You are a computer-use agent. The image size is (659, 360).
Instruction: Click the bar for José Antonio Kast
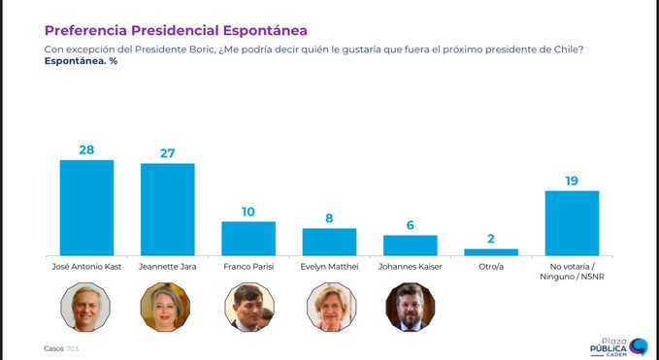click(x=86, y=207)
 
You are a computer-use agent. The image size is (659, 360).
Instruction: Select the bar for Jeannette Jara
click(x=167, y=209)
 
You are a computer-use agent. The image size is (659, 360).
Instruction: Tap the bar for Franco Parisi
click(x=248, y=238)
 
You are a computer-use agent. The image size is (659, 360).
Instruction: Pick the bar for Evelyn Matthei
click(x=329, y=242)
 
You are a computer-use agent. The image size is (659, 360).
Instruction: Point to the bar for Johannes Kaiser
click(x=410, y=245)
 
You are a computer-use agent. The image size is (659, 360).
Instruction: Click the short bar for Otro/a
click(x=491, y=251)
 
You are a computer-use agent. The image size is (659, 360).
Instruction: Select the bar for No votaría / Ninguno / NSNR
click(x=572, y=222)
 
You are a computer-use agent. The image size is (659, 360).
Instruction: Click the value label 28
click(x=86, y=149)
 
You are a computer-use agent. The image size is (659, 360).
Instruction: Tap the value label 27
click(x=167, y=152)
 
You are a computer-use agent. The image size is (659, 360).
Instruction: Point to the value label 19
click(x=572, y=180)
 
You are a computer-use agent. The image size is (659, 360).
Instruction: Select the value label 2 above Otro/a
click(x=491, y=238)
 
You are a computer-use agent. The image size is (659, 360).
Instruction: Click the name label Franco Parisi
click(x=248, y=265)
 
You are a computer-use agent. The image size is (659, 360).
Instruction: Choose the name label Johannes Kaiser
click(x=410, y=265)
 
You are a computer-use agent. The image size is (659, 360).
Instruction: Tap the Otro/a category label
click(x=491, y=265)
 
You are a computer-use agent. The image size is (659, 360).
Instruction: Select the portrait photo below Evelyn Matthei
click(x=329, y=307)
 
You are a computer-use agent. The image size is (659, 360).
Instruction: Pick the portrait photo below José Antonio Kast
click(x=86, y=307)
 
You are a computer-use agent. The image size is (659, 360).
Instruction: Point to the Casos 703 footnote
click(x=60, y=347)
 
